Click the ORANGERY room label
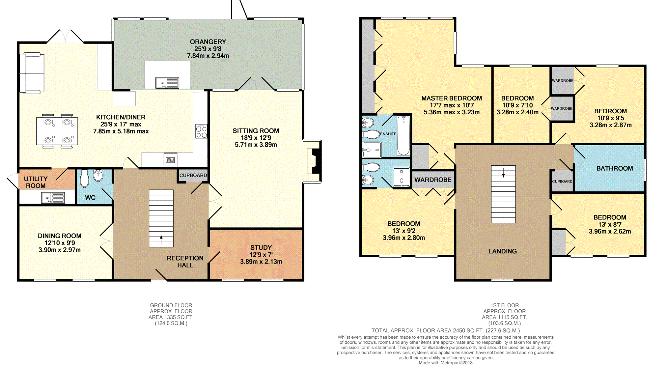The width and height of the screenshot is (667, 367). coord(208,42)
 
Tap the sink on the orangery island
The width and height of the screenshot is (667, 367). coord(167,83)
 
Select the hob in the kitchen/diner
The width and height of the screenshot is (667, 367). coord(201,131)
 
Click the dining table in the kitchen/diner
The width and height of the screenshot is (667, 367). coord(57,131)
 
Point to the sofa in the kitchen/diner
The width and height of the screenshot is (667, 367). coord(32,73)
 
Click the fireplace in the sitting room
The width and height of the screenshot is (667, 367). coord(314,161)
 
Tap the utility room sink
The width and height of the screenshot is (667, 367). coord(53,198)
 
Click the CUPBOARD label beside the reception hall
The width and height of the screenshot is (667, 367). coord(193,175)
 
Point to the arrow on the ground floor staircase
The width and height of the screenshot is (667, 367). coord(161,240)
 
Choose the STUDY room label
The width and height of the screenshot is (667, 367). coord(261,247)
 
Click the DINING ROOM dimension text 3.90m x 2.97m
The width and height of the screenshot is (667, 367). coord(60,250)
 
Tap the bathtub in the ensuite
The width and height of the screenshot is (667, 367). coord(403,135)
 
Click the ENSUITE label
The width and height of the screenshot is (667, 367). coord(388,134)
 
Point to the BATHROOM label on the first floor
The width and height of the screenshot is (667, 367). coord(615,168)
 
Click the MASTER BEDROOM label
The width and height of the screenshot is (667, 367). coord(452,98)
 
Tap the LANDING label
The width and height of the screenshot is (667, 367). coord(503,251)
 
